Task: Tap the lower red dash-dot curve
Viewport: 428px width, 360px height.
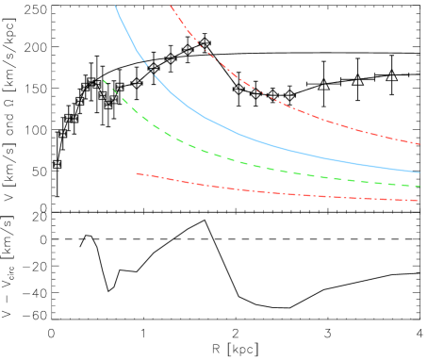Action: click(283, 194)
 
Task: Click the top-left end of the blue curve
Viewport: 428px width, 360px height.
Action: click(115, 6)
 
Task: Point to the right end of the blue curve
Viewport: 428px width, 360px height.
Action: click(420, 172)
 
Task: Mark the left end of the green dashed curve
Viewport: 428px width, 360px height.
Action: click(104, 79)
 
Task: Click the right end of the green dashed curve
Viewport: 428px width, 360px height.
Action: click(420, 186)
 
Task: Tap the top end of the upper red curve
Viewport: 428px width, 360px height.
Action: click(171, 5)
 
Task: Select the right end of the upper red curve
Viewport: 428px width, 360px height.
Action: click(420, 144)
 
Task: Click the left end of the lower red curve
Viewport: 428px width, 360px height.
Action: click(137, 173)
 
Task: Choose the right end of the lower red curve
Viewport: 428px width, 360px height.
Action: click(420, 201)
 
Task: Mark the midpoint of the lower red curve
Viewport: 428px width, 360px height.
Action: click(278, 193)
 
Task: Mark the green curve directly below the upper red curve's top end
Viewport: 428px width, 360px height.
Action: click(171, 137)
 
